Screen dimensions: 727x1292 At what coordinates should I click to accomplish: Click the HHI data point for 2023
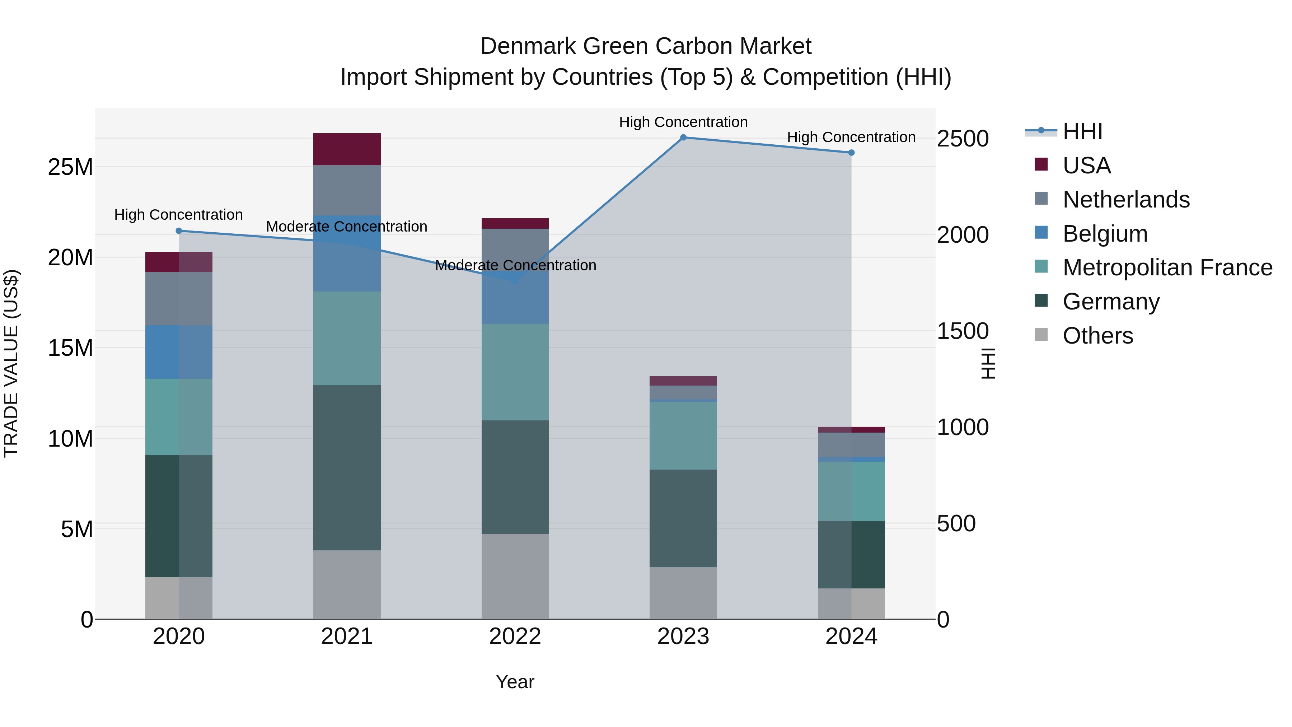point(683,138)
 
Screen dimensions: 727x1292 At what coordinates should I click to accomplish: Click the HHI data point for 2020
point(179,231)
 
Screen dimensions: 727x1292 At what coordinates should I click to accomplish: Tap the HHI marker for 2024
point(851,153)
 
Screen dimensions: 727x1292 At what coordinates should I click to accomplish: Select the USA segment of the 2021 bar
point(347,149)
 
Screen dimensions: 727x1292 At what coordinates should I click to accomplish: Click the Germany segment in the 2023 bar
point(683,518)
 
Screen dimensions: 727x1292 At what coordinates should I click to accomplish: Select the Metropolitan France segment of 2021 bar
point(347,338)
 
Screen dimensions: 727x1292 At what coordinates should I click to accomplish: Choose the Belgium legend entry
point(1105,234)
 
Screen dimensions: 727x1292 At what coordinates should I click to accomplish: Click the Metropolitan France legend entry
point(1167,267)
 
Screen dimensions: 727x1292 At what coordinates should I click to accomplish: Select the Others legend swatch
point(1041,335)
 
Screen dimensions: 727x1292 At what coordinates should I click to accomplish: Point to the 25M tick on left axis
point(70,167)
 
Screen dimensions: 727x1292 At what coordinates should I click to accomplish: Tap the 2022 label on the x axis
point(515,637)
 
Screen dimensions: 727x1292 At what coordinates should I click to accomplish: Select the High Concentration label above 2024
point(851,137)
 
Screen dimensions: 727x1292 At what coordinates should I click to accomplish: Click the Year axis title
point(515,682)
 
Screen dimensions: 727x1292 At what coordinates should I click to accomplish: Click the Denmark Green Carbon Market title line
point(646,46)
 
